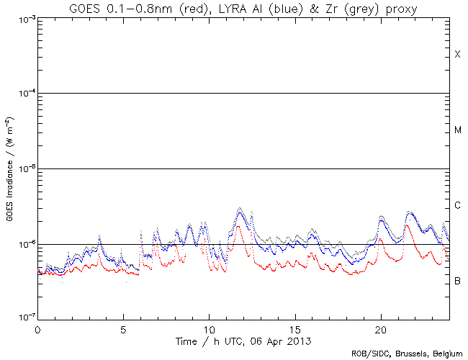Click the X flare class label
457,55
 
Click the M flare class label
457,130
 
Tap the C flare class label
457,206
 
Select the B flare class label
457,280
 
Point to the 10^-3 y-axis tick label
22,19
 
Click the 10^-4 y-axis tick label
22,94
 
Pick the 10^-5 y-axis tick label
22,169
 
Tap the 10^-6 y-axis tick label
22,245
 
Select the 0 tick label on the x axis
37,328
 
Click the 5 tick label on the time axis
123,328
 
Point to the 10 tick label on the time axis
209,328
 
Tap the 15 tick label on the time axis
294,328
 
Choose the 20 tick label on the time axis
380,328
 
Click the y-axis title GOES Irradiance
10,169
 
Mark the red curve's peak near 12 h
238,226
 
